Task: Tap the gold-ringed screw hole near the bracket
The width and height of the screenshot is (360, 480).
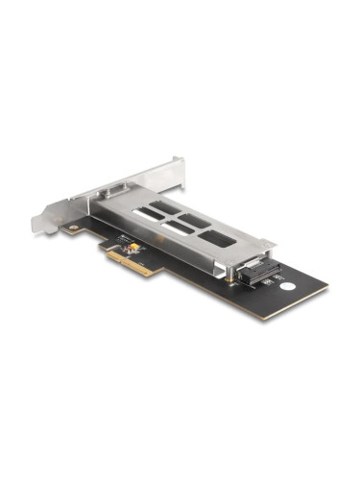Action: coord(73,228)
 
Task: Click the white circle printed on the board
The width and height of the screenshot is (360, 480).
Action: coord(286,286)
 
